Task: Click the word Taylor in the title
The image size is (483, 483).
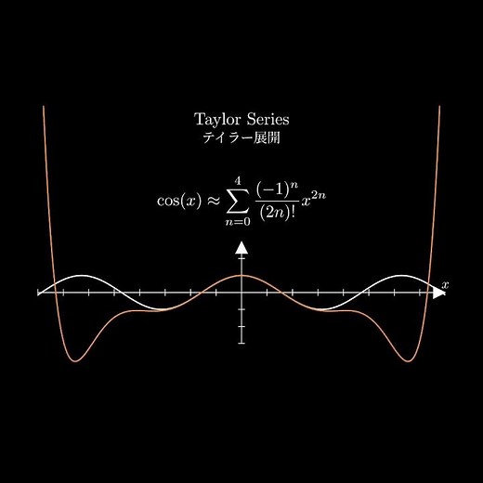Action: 217,120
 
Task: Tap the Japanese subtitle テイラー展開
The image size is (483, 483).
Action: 241,137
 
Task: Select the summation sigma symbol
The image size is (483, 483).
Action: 238,201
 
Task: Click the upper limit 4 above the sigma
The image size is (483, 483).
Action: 238,180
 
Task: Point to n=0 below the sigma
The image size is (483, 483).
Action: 238,222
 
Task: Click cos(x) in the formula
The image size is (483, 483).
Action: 179,201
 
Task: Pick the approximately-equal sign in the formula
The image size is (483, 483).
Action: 214,201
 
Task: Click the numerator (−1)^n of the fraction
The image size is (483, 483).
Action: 277,189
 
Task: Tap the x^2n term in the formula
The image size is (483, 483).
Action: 314,199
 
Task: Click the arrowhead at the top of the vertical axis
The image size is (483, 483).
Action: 241,248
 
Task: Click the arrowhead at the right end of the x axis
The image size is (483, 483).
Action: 438,293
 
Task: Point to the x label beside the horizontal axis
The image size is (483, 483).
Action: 445,284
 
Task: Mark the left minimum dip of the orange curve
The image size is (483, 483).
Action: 75,361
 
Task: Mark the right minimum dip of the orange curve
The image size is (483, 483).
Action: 408,361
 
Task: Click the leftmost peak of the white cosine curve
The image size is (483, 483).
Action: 82,275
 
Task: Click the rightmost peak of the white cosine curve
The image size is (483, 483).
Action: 401,275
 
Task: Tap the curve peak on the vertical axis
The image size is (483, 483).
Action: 241,275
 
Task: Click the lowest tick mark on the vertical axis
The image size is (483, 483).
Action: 241,343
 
